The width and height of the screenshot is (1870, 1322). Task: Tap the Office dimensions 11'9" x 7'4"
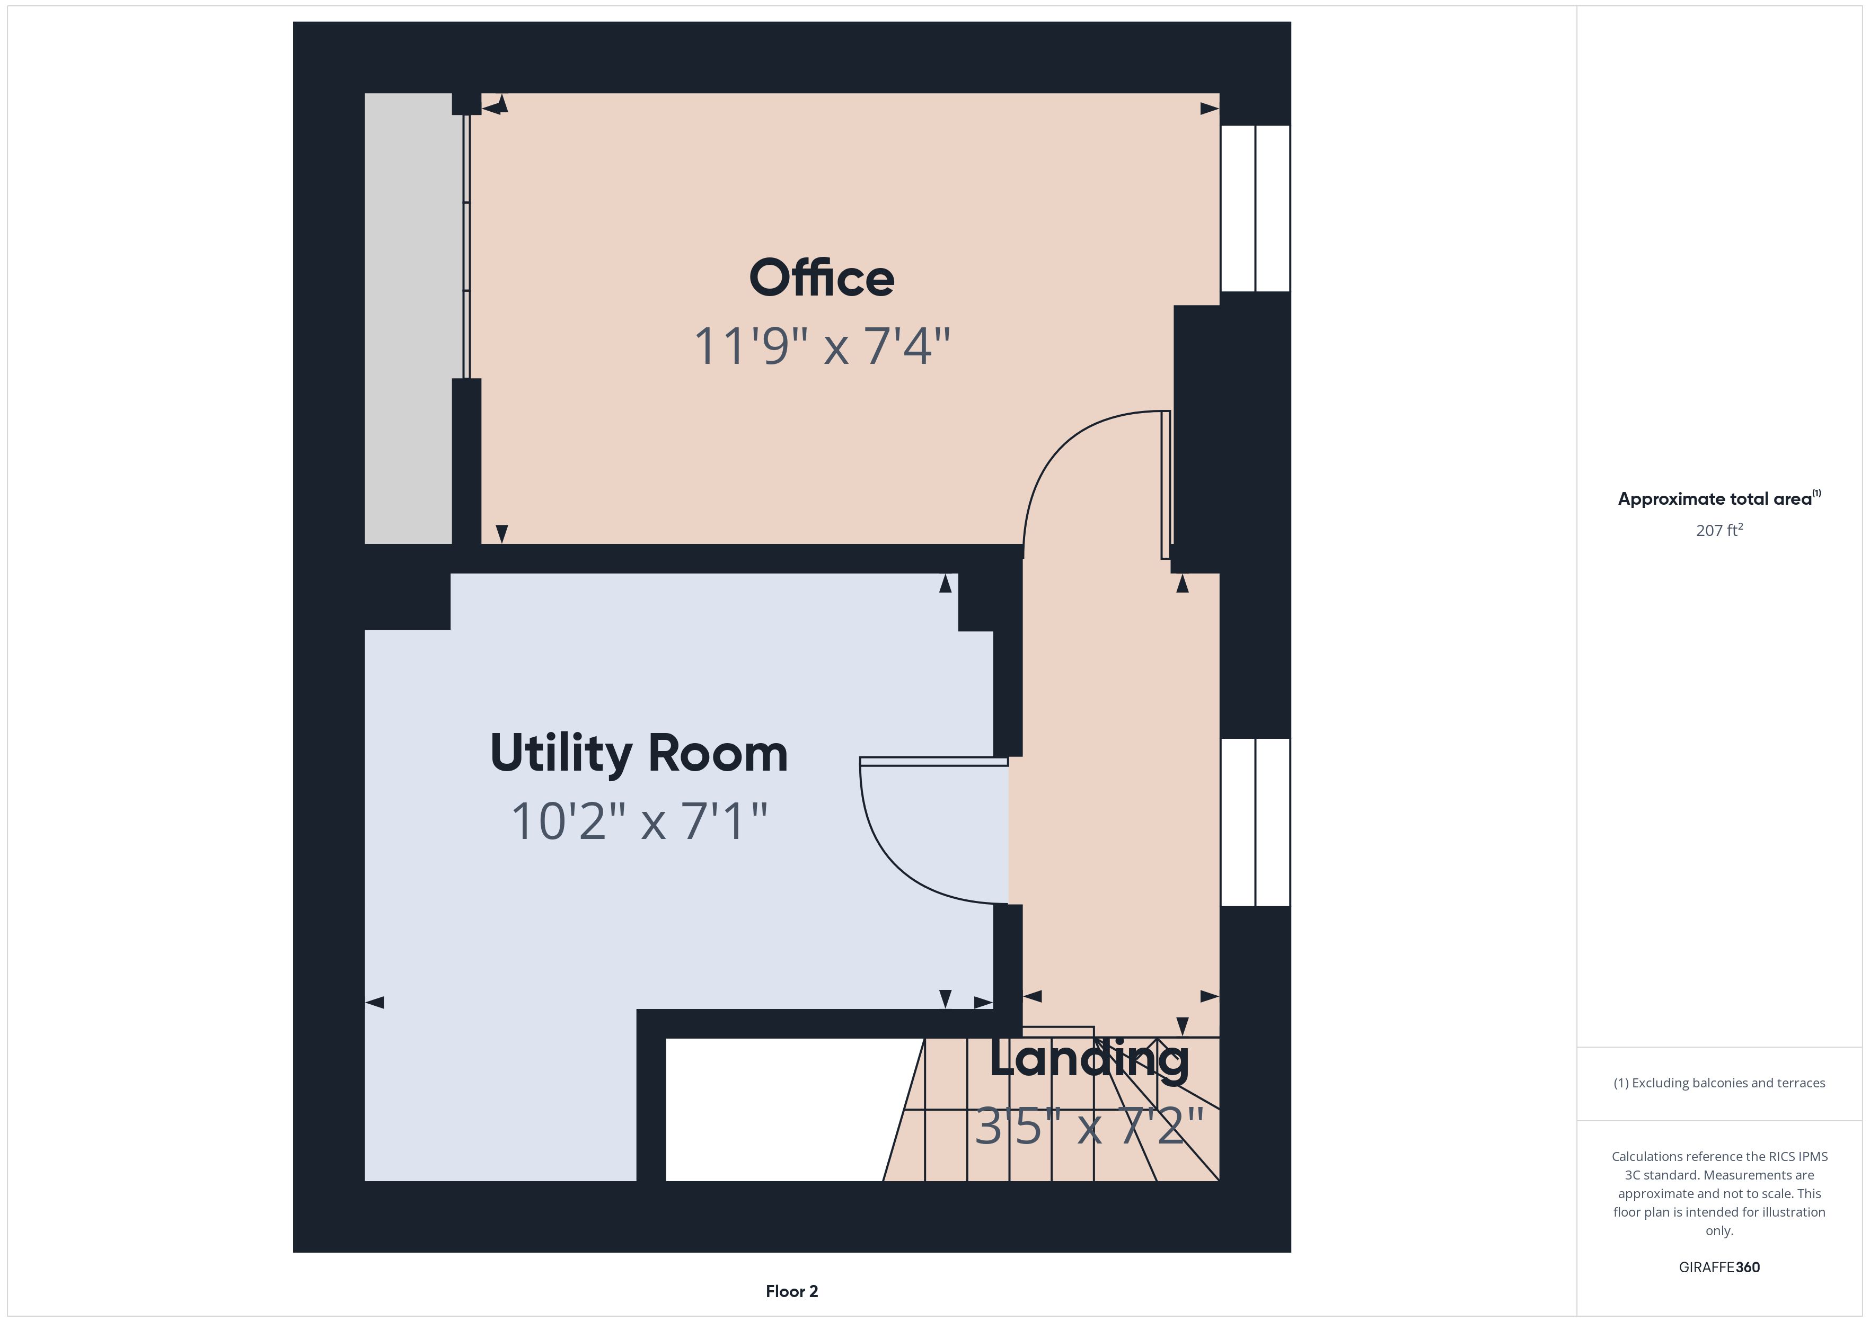click(x=822, y=346)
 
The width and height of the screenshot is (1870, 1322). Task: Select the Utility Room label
click(x=639, y=753)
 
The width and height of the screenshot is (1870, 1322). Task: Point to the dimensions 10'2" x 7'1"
click(x=639, y=821)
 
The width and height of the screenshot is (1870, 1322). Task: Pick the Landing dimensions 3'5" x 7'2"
click(x=1089, y=1127)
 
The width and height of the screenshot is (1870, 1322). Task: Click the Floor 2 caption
click(x=792, y=1291)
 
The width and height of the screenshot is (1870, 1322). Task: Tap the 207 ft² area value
click(x=1719, y=530)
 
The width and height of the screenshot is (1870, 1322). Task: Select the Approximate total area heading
click(x=1719, y=498)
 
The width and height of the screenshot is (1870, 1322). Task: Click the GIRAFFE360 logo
click(x=1719, y=1267)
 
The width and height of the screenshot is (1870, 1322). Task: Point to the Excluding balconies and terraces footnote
click(x=1719, y=1083)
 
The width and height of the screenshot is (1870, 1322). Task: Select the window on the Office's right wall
click(x=1255, y=208)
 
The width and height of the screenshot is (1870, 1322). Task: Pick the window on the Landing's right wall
click(x=1255, y=822)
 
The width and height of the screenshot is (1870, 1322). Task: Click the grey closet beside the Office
click(x=408, y=318)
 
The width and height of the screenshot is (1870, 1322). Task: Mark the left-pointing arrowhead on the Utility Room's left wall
click(x=375, y=1002)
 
